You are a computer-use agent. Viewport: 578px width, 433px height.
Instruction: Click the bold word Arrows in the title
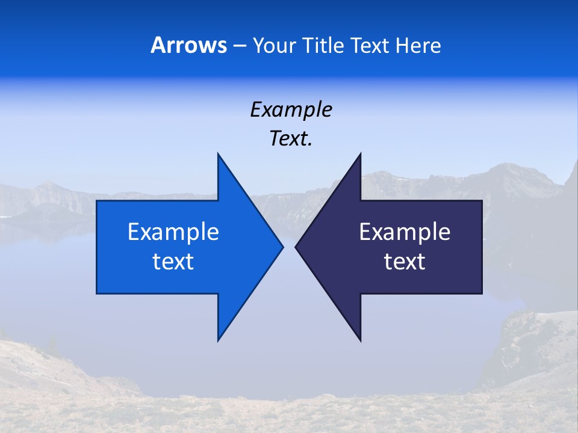point(188,45)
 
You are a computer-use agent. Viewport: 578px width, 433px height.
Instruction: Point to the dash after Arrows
point(238,46)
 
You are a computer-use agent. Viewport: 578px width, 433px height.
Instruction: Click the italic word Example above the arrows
point(291,109)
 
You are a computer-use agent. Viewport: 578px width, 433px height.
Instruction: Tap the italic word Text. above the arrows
point(291,138)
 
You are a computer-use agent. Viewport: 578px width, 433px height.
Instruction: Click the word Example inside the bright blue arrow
point(173,232)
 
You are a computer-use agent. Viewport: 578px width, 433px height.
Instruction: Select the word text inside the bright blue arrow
point(173,262)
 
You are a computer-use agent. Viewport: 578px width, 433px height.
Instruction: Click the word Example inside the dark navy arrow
point(405,232)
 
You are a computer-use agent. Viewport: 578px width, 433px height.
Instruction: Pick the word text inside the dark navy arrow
point(405,262)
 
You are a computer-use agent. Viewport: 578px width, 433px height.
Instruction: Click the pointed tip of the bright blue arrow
point(282,247)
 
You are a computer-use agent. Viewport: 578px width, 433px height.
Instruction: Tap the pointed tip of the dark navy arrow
point(296,247)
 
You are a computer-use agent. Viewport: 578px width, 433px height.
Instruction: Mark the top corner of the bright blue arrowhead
point(218,154)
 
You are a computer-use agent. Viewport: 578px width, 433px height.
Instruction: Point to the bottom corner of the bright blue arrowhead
point(218,340)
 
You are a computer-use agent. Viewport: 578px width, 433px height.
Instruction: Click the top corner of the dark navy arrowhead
point(360,154)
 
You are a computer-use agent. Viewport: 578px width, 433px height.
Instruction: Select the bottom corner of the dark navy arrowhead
point(360,340)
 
